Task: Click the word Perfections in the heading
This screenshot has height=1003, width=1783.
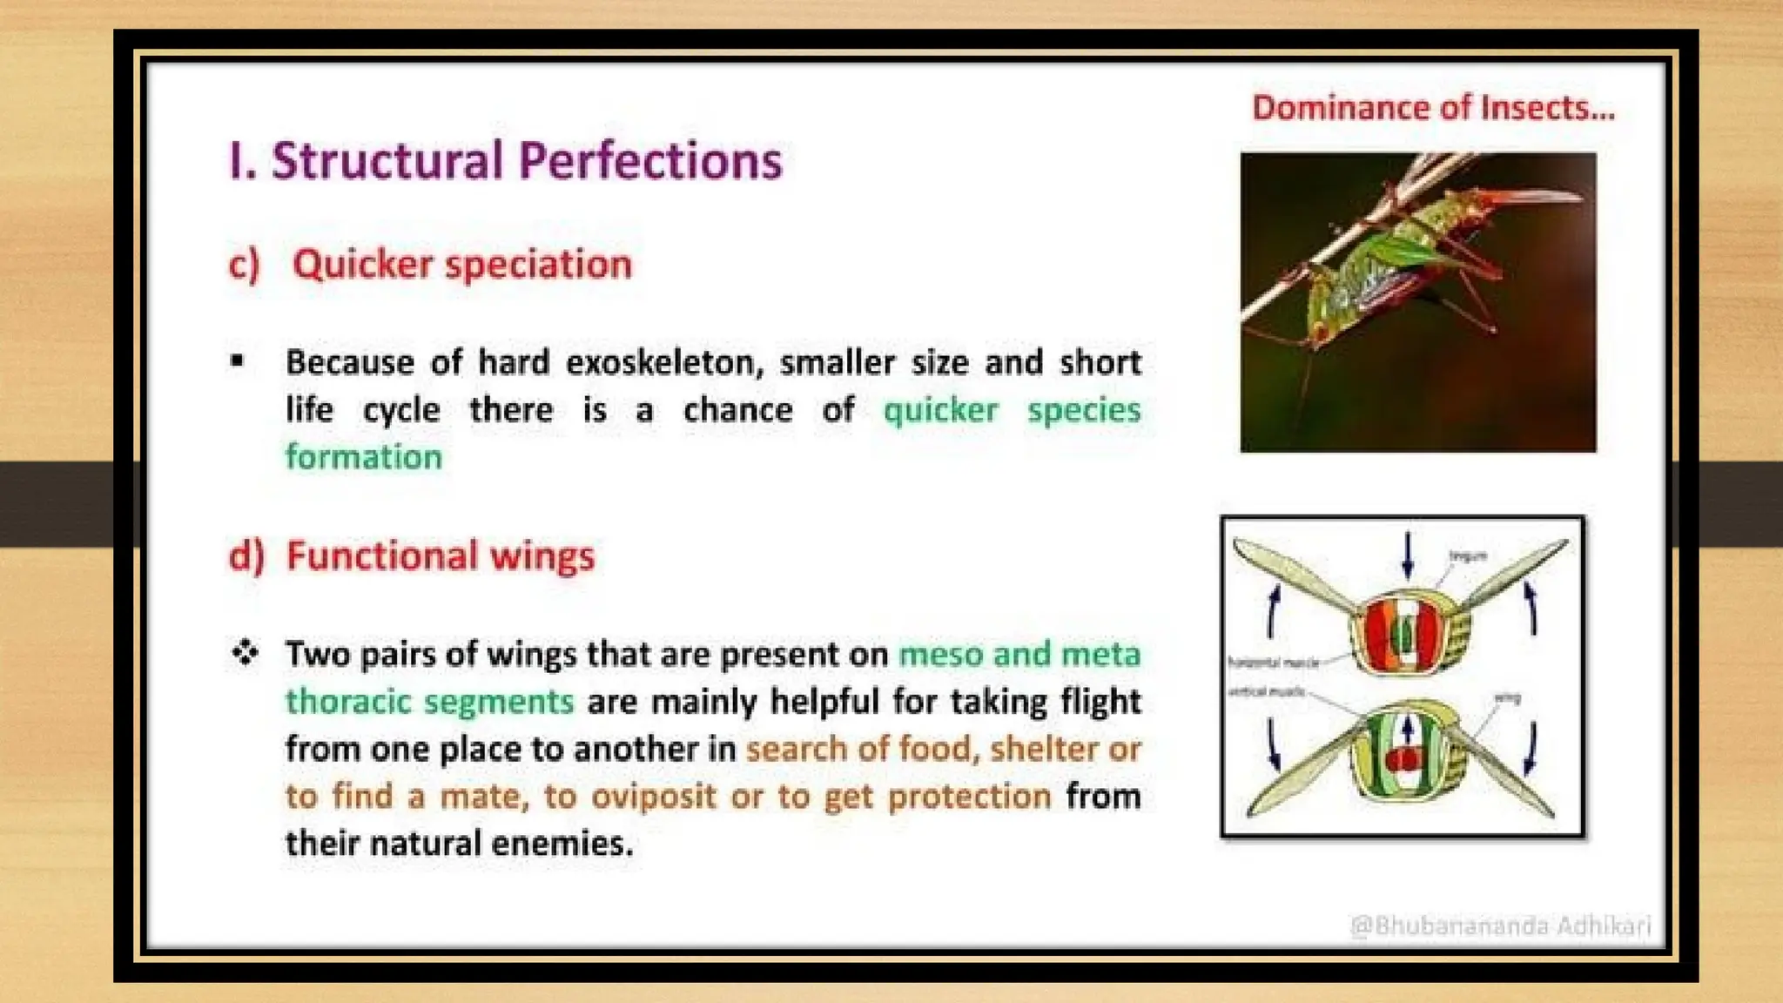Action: click(x=650, y=161)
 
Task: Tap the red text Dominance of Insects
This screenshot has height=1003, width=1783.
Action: click(x=1432, y=108)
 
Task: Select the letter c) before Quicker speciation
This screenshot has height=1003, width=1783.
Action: click(x=243, y=264)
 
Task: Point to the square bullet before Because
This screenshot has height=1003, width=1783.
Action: click(x=237, y=360)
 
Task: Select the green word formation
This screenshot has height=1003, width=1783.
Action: click(x=364, y=457)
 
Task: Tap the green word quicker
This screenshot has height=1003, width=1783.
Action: click(x=940, y=410)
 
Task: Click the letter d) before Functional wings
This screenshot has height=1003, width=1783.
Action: click(x=246, y=555)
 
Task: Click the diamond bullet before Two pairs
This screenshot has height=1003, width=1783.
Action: click(x=246, y=652)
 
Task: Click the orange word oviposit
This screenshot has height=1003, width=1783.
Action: click(x=653, y=796)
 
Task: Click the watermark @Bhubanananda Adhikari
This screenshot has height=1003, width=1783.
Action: click(x=1499, y=925)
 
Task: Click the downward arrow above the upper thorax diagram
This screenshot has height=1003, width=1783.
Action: click(x=1408, y=555)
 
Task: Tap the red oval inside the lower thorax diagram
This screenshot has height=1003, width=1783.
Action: click(x=1403, y=760)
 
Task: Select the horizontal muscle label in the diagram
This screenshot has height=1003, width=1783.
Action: click(x=1273, y=663)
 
